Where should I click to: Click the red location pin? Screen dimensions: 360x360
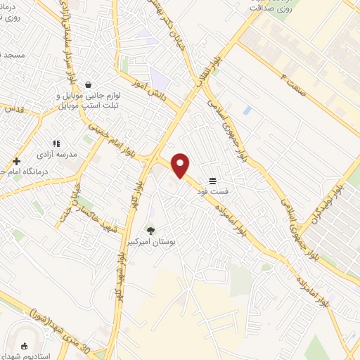click(181, 165)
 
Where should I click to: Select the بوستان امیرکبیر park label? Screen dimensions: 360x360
click(157, 241)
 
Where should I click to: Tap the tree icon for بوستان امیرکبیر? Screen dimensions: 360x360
click(150, 230)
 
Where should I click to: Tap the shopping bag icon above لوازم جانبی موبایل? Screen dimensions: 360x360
click(87, 84)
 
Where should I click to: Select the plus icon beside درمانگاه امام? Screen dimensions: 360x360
click(16, 162)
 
